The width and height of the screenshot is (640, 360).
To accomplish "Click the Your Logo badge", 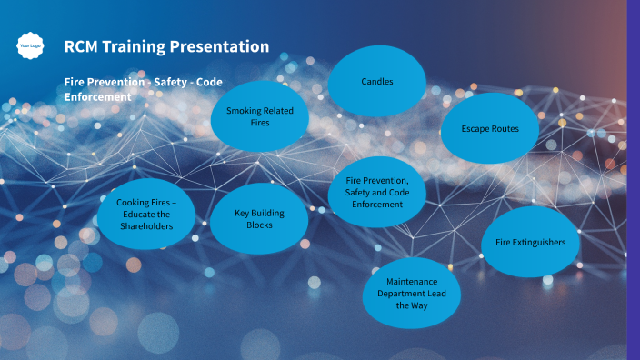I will [29, 45].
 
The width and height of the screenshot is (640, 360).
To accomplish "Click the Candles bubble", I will [377, 82].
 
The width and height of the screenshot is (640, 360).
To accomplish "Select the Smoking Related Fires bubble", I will [260, 116].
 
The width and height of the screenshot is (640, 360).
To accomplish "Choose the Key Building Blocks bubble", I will [259, 219].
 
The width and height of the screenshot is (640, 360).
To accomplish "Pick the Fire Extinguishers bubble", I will [530, 243].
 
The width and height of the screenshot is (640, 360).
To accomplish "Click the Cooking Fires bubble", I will [145, 214].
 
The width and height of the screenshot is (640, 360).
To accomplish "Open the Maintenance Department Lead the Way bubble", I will [412, 294].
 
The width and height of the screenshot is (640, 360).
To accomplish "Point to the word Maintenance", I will [412, 282].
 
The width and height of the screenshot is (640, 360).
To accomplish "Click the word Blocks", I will [259, 225].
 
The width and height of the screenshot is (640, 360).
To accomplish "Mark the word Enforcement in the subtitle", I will [94, 96].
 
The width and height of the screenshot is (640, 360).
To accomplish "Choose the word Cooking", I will [134, 202].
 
